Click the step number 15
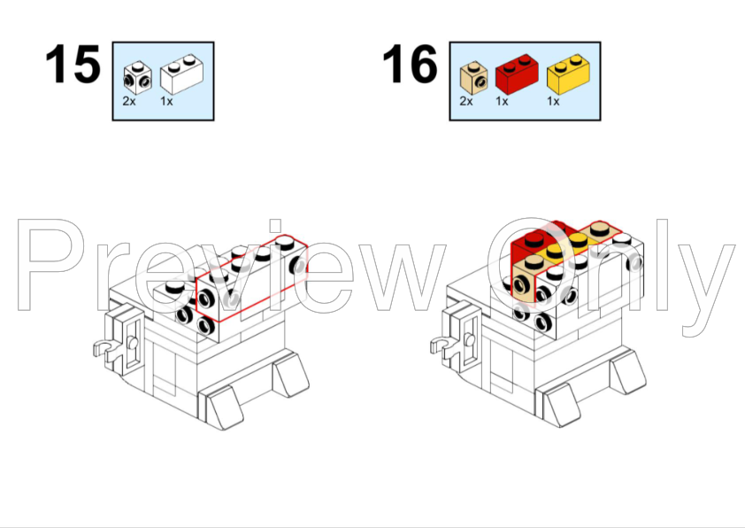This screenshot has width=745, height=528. pyautogui.click(x=73, y=64)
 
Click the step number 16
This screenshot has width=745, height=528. pyautogui.click(x=410, y=64)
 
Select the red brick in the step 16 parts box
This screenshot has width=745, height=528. pyautogui.click(x=517, y=74)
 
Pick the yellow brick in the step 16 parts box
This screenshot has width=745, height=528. pyautogui.click(x=569, y=74)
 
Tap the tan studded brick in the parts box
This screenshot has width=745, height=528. pyautogui.click(x=473, y=78)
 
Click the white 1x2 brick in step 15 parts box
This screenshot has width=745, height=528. pyautogui.click(x=182, y=74)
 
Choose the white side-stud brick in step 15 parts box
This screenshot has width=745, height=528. pyautogui.click(x=137, y=78)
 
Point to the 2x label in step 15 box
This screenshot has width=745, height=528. pyautogui.click(x=129, y=101)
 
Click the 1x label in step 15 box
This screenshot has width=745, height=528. pyautogui.click(x=166, y=101)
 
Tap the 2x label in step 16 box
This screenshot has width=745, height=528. pyautogui.click(x=466, y=101)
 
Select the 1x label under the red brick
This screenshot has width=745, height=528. pyautogui.click(x=502, y=101)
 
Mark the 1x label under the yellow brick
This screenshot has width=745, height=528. pyautogui.click(x=554, y=101)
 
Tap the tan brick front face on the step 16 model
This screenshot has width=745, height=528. pyautogui.click(x=524, y=285)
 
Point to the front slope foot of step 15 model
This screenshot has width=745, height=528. pyautogui.click(x=222, y=408)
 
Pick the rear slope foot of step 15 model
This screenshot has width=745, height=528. pyautogui.click(x=290, y=374)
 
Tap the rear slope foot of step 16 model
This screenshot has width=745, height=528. pyautogui.click(x=627, y=371)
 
